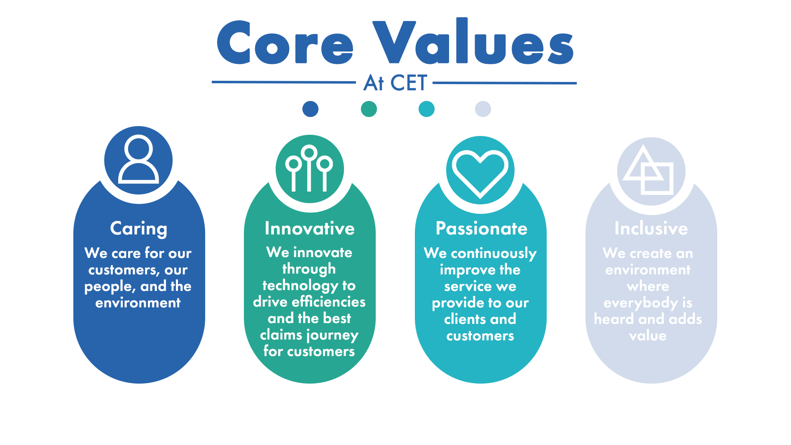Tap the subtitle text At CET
[x=395, y=83]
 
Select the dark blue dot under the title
[x=310, y=109]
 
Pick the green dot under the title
[x=369, y=109]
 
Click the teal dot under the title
[x=426, y=109]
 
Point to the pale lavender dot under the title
[x=483, y=109]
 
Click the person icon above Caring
[x=138, y=160]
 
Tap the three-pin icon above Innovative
[x=309, y=169]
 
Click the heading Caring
[x=139, y=229]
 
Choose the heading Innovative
[x=309, y=229]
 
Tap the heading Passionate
[x=481, y=229]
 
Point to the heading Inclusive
[x=651, y=229]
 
